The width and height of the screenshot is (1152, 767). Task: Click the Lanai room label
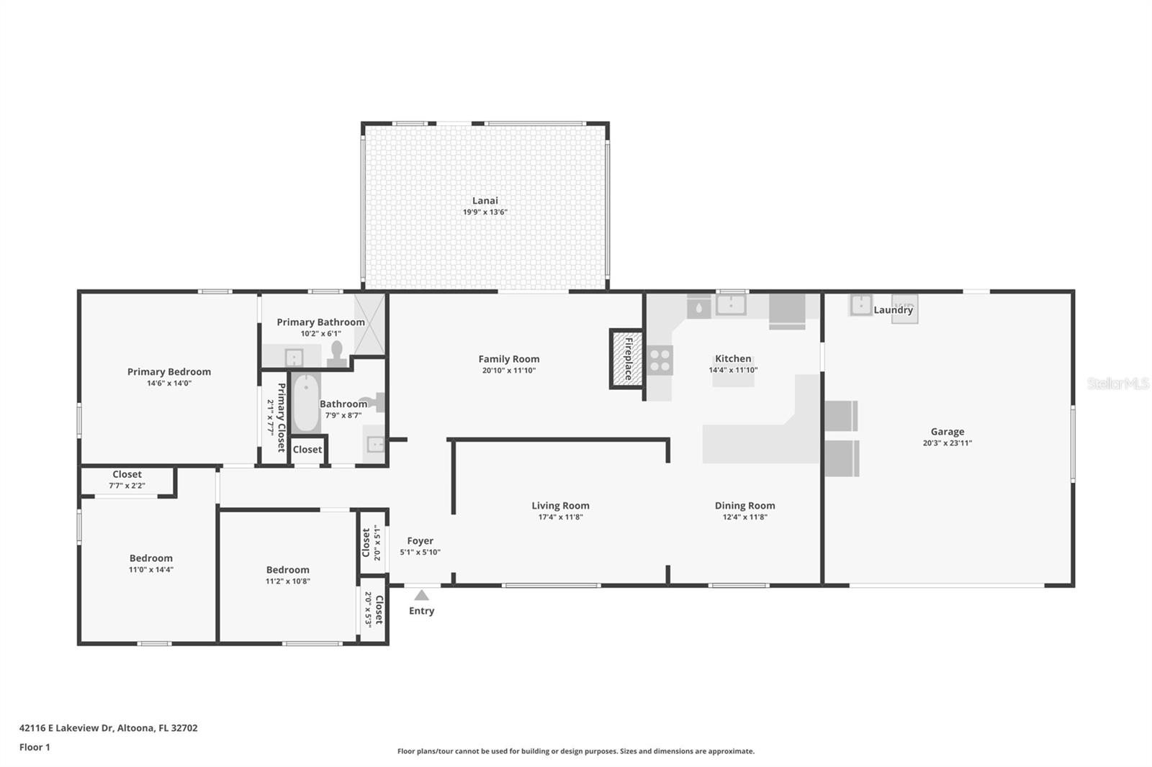(x=485, y=201)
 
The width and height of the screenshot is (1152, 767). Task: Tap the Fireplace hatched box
(x=627, y=359)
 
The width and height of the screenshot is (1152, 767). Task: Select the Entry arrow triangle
(x=422, y=595)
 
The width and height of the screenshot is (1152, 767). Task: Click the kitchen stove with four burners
(x=660, y=360)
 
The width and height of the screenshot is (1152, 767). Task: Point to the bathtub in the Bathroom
(x=306, y=402)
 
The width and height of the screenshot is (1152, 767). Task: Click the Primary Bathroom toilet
(x=337, y=354)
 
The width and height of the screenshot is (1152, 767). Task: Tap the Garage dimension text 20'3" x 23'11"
(x=948, y=443)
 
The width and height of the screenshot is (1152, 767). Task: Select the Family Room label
(x=508, y=359)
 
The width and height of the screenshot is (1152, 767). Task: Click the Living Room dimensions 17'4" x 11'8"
(x=561, y=517)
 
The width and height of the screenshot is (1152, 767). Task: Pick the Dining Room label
(x=744, y=505)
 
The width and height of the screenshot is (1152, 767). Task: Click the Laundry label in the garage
(x=894, y=309)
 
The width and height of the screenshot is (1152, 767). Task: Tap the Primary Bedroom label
(x=169, y=372)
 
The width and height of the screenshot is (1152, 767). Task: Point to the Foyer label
(x=420, y=540)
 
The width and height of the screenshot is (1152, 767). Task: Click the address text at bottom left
(x=109, y=728)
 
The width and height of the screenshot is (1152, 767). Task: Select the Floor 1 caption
(x=35, y=748)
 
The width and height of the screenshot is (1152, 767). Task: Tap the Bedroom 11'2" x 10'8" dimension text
(x=288, y=581)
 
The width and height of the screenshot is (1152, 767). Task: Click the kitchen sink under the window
(x=731, y=305)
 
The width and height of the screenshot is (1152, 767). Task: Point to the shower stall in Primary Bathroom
(x=369, y=324)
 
